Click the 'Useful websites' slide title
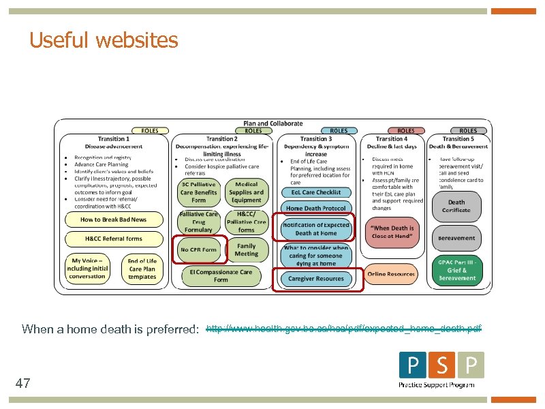104,41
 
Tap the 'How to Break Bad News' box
113,219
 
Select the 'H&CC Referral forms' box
113,239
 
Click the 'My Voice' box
87,268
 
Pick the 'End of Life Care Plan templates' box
142,268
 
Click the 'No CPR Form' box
198,249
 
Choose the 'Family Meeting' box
246,249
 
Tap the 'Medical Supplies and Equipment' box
246,192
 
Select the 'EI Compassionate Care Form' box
221,275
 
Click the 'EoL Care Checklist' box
315,192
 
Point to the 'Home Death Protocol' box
315,208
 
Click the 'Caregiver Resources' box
315,278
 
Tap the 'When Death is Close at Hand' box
392,232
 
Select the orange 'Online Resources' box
391,274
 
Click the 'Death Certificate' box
456,206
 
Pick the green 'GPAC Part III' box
457,271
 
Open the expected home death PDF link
343,329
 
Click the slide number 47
22,384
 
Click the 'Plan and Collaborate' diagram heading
272,123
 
